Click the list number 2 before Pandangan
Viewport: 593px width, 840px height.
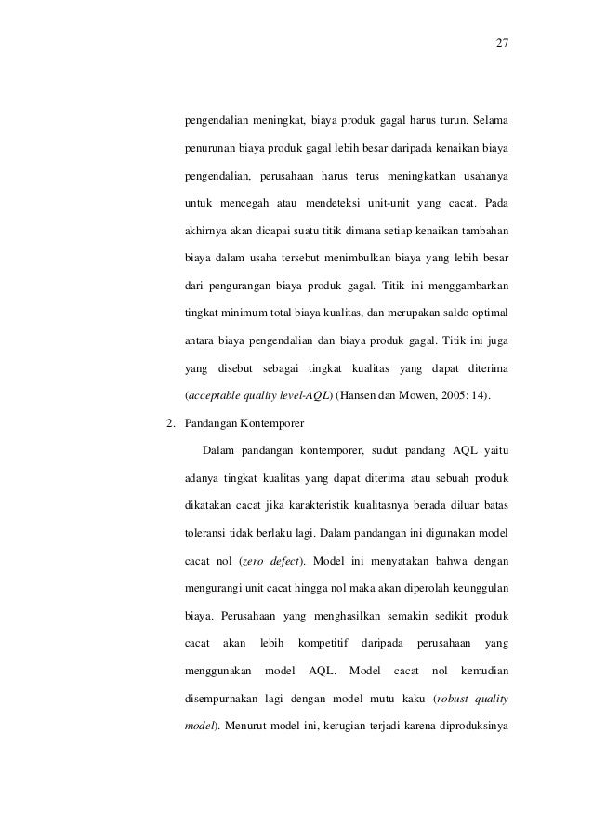pyautogui.click(x=168, y=423)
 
